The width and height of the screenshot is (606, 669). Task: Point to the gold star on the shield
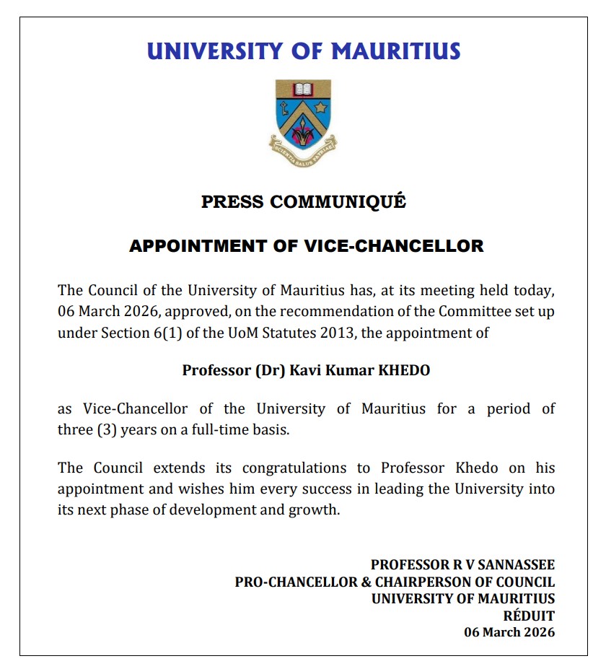click(x=321, y=108)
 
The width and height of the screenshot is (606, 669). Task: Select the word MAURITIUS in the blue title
click(x=395, y=52)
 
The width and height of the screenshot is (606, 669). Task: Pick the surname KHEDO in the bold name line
click(x=400, y=371)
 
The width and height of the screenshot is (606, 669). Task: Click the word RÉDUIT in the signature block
click(x=529, y=616)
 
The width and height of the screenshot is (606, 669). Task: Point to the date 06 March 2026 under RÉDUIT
click(x=509, y=632)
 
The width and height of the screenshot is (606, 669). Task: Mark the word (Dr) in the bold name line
click(x=271, y=371)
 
